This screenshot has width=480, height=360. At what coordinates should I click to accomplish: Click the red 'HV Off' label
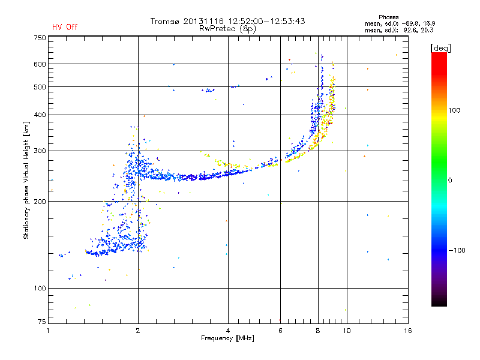coord(64,27)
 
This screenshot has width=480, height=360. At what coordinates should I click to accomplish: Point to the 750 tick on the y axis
coord(40,37)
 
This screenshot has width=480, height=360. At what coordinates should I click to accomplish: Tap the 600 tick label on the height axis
coord(40,64)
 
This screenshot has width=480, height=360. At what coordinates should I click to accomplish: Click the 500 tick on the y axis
coord(40,87)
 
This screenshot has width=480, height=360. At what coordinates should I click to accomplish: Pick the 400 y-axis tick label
coord(40,115)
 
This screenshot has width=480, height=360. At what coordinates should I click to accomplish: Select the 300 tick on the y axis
coord(40,151)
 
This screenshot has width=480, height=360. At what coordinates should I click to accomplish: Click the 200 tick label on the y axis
coord(40,202)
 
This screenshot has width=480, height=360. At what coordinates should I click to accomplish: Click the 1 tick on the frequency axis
coord(49,331)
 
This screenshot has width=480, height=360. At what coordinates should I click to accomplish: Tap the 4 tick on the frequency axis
coord(228,331)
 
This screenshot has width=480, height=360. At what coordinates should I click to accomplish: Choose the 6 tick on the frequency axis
coord(280,331)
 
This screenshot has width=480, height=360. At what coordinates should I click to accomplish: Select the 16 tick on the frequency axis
coord(407,331)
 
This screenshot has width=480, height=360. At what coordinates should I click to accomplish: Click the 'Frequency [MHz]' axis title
coord(227,339)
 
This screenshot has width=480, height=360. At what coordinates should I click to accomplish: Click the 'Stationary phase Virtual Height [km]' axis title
coord(26,180)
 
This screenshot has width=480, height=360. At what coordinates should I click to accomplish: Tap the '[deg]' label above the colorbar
coord(441,47)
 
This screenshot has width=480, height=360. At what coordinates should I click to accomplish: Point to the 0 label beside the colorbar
coord(451,180)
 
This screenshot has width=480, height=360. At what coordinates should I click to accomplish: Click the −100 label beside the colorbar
coord(457,250)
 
